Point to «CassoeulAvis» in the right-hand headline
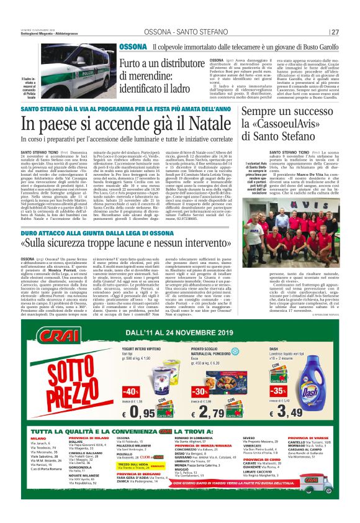point(291,124)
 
